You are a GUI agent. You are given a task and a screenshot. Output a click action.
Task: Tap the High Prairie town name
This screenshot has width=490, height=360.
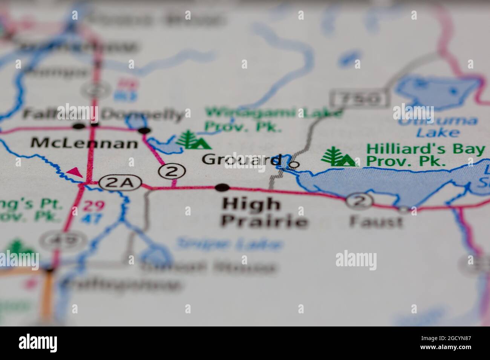[x=264, y=213]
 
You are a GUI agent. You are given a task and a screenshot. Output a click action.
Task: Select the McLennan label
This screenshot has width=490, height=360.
[x=84, y=143]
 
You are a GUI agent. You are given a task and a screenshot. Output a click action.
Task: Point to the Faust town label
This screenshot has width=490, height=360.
[x=376, y=221]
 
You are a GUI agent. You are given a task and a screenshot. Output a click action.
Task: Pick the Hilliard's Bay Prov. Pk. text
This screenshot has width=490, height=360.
[x=425, y=155]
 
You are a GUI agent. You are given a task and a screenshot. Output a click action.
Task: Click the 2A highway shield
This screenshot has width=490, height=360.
[x=120, y=183]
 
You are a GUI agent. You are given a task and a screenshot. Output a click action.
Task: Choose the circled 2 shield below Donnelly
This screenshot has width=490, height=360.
[x=171, y=172]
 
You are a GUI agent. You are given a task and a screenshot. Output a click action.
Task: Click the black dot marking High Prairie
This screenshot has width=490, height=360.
[x=222, y=187]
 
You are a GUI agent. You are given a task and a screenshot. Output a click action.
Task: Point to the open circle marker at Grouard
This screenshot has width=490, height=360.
[x=294, y=165]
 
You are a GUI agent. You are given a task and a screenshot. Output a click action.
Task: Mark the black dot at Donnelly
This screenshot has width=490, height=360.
[x=144, y=131]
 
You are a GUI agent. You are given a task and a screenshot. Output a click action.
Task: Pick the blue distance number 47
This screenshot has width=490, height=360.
[x=93, y=218]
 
